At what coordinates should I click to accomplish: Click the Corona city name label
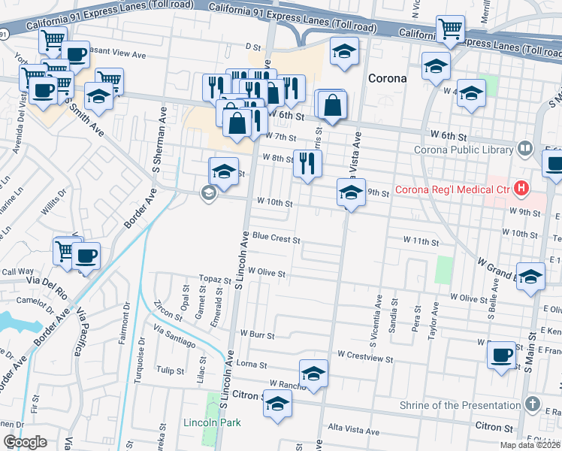387,78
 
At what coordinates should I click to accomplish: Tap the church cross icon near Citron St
532,404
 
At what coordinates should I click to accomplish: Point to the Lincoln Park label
212,422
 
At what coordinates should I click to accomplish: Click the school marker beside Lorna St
314,373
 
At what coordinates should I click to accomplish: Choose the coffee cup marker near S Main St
501,355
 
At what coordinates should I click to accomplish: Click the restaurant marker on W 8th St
307,164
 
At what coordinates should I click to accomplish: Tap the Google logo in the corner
25,442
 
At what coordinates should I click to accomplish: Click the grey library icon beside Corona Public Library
524,149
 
